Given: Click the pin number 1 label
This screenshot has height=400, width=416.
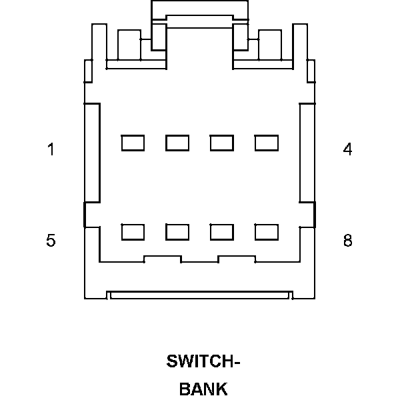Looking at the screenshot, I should [x=51, y=149].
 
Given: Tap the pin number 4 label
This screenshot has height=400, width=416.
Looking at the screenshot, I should [x=347, y=149].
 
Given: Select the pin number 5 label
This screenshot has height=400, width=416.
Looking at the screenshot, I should [x=51, y=240].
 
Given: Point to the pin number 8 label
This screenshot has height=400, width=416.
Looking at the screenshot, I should [x=347, y=240].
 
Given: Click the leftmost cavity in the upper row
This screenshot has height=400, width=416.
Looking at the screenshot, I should [x=133, y=143].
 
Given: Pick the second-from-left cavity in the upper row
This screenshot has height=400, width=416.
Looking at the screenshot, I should [x=177, y=143].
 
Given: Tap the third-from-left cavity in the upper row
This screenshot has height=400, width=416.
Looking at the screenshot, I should [x=222, y=143].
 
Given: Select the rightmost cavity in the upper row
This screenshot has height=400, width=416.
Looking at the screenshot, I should [x=267, y=143].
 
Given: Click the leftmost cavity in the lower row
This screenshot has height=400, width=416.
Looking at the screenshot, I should [x=133, y=232].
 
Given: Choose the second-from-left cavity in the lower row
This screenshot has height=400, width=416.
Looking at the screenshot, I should [x=177, y=232].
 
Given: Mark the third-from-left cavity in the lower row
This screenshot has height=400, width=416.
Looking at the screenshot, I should [x=222, y=232].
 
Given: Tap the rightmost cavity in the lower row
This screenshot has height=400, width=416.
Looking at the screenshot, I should [x=267, y=232].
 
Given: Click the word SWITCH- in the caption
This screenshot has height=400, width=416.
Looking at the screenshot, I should [x=203, y=362].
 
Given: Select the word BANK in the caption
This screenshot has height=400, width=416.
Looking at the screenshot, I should [x=203, y=389].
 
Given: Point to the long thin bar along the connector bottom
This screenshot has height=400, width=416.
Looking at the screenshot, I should [x=200, y=295].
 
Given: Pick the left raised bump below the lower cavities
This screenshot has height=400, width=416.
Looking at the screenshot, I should [x=163, y=258].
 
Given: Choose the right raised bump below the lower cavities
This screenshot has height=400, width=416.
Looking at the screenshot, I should [x=237, y=258].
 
